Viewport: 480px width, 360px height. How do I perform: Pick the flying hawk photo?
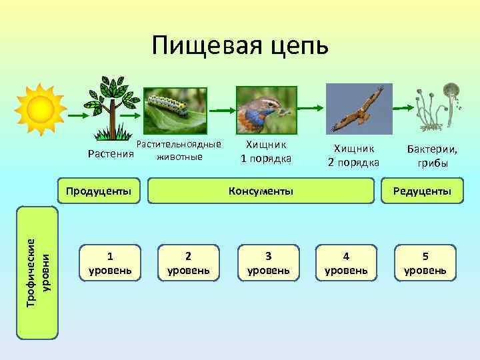(x=359, y=109)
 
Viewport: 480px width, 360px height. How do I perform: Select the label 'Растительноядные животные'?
(x=178, y=151)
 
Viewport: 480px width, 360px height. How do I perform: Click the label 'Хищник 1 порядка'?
(x=266, y=151)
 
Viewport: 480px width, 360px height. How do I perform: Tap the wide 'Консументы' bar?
(x=261, y=191)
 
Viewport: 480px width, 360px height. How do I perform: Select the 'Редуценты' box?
(x=422, y=191)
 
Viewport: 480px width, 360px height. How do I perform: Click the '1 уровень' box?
(x=110, y=263)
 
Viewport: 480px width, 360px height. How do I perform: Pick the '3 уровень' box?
(x=268, y=263)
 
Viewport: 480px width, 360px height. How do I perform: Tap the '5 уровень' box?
(x=425, y=263)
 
